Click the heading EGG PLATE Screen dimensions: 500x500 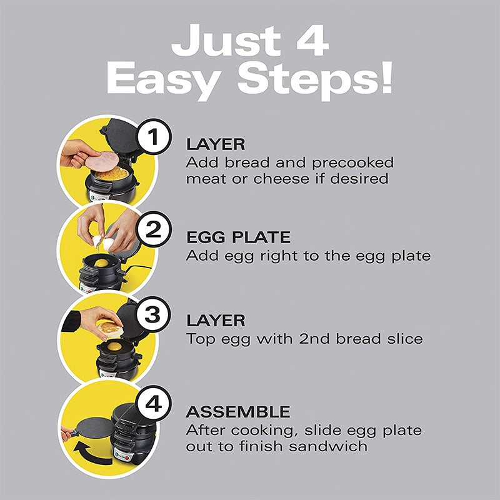[x=238, y=238]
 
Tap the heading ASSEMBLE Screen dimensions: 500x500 [x=237, y=412]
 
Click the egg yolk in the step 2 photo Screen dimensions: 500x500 [x=101, y=264]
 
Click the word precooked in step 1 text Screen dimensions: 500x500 [x=353, y=163]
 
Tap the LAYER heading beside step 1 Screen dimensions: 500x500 [x=215, y=144]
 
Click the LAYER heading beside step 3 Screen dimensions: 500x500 [x=215, y=321]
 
